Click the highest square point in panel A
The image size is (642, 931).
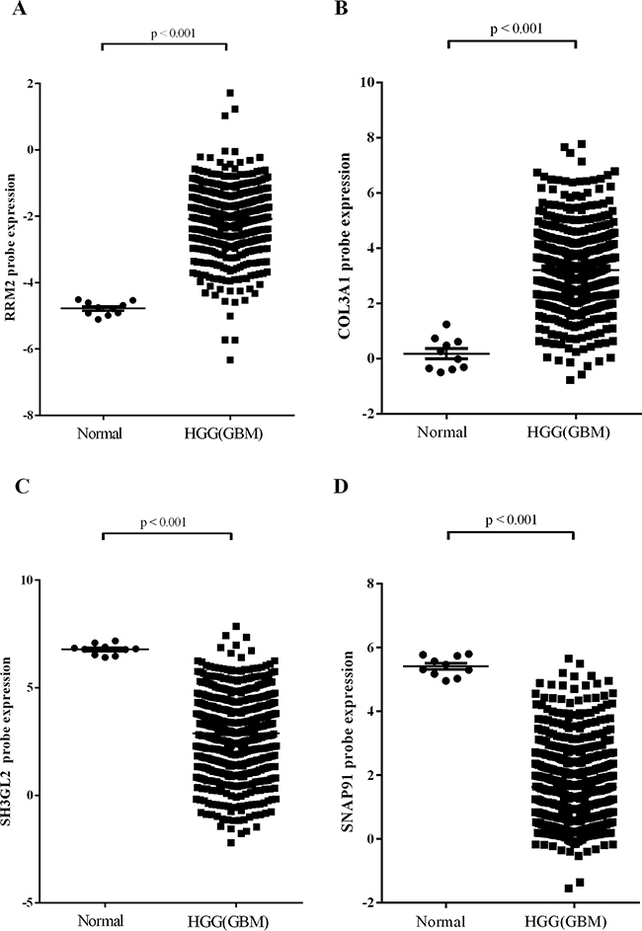tap(230, 94)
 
